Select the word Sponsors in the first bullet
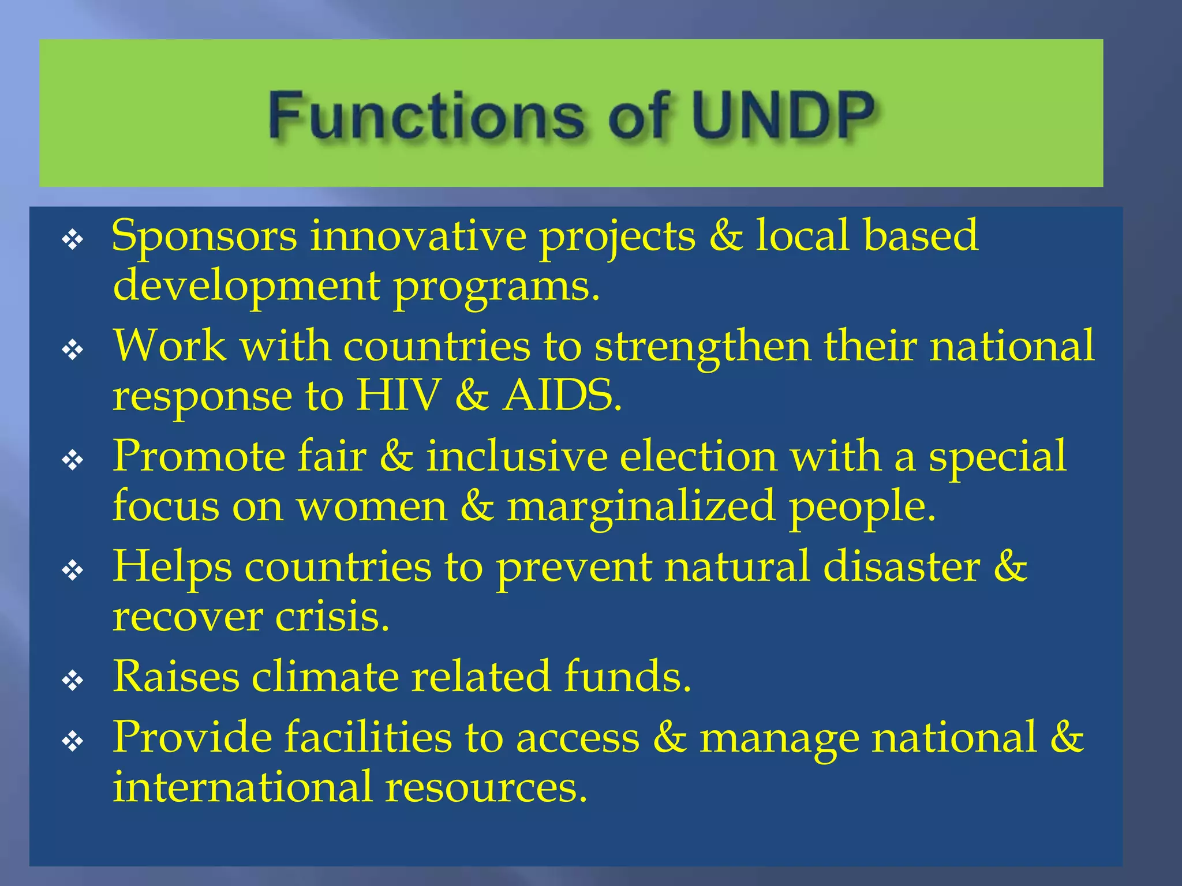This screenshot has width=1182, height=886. (x=204, y=236)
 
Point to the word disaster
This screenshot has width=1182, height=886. (x=902, y=566)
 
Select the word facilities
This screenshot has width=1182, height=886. (x=368, y=737)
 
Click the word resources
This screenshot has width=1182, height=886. (x=486, y=787)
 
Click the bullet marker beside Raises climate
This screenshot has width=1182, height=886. (x=73, y=681)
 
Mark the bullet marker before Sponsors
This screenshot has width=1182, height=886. (x=73, y=239)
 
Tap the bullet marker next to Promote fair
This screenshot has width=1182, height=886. (x=73, y=460)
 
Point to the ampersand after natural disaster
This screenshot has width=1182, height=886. (x=1011, y=566)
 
